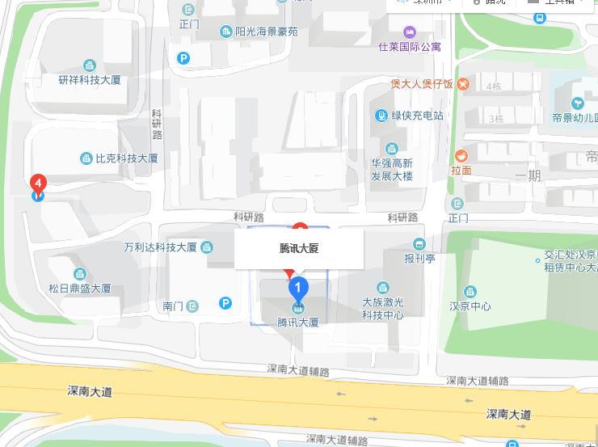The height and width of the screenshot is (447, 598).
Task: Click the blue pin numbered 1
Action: tap(298, 288)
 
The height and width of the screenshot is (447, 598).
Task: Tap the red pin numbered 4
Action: tap(38, 184)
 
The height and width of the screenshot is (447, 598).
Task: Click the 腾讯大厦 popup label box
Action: tap(299, 248)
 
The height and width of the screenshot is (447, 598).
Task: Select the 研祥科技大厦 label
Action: tap(90, 80)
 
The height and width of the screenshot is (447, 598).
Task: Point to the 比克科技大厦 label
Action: tap(126, 158)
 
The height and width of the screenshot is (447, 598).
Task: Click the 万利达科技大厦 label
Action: tap(161, 247)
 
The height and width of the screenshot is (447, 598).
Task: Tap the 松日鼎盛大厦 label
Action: tap(79, 288)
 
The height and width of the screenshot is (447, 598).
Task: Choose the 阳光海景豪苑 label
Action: tap(267, 32)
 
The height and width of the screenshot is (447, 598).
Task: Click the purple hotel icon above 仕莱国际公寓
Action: tap(410, 32)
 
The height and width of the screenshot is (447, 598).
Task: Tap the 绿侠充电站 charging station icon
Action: tap(381, 116)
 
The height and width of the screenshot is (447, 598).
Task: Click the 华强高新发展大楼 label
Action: tap(392, 169)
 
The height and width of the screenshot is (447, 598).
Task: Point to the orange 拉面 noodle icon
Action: tap(461, 156)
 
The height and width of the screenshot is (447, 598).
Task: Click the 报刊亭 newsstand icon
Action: tap(419, 244)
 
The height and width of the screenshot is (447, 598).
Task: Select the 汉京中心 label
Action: tap(470, 306)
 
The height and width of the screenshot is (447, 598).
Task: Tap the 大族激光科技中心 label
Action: tap(382, 308)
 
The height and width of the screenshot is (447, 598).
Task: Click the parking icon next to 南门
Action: tap(226, 303)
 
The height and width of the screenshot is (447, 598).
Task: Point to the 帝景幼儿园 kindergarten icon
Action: tap(578, 103)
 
